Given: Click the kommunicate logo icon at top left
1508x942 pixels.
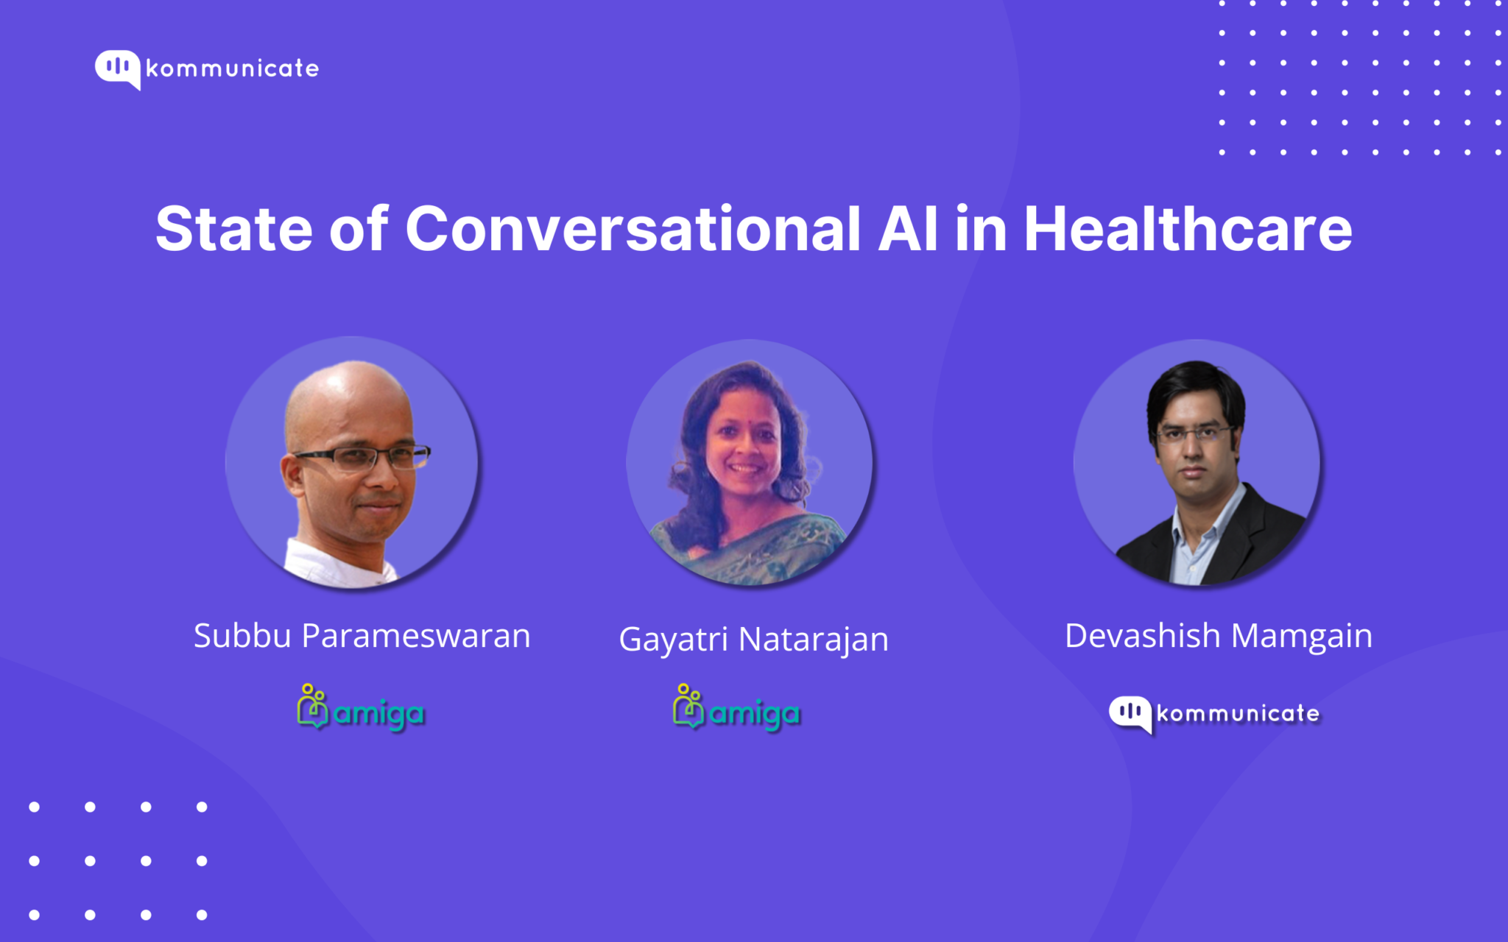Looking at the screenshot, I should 117,68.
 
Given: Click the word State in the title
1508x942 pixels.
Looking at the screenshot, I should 233,229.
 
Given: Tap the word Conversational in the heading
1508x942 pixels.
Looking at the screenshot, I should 633,229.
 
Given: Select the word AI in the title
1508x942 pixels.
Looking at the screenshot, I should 908,229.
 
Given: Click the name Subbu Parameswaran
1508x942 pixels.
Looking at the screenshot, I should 362,636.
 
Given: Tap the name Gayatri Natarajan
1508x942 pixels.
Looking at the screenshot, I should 753,639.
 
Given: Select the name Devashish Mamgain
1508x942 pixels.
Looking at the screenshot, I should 1218,636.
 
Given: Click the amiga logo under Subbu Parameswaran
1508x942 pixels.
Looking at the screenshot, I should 361,708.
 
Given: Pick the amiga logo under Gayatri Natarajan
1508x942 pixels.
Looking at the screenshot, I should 736,708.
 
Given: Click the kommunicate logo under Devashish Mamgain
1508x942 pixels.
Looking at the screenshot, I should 1215,713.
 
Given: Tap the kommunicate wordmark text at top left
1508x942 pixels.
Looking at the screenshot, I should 232,69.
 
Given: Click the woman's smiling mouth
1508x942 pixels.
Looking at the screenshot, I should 744,469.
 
